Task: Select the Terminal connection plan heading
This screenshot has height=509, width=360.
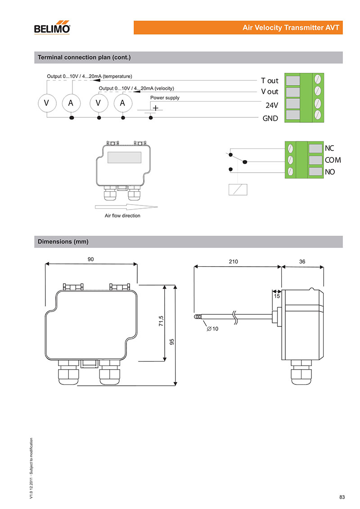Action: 84,58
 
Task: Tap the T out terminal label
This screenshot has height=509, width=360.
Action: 270,81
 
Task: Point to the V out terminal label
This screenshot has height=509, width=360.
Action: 270,92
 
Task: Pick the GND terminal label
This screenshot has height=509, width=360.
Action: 270,119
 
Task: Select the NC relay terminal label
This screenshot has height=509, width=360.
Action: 329,148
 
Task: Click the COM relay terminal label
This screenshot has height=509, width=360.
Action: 333,160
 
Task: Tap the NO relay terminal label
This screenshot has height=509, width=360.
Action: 330,172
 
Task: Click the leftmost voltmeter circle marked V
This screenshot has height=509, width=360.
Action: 46,103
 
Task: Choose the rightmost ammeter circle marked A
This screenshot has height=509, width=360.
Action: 122,103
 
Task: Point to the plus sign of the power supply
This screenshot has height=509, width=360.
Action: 155,108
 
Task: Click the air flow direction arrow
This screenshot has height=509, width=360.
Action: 126,207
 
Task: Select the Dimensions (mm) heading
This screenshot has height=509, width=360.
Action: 63,242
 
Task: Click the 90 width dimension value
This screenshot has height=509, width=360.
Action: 91,259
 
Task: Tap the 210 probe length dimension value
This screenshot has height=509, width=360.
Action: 234,261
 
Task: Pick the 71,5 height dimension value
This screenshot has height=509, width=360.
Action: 161,322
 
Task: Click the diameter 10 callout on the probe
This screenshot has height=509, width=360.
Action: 212,329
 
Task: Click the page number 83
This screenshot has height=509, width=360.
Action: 342,497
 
